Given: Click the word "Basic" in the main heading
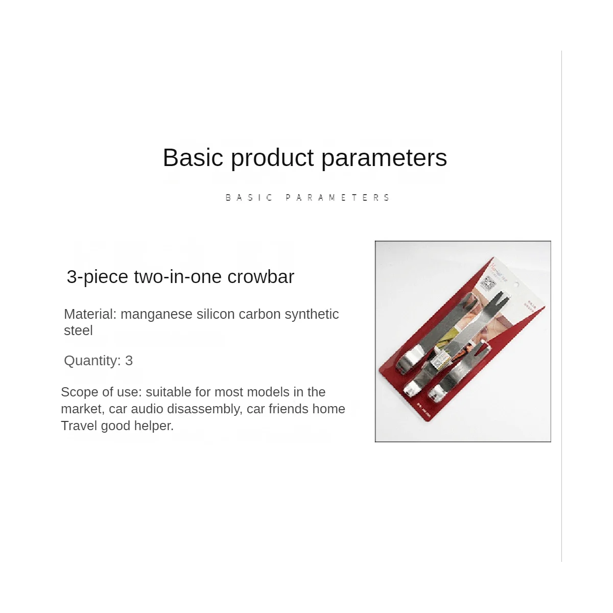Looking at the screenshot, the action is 193,157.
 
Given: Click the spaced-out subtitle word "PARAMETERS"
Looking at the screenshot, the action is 338,198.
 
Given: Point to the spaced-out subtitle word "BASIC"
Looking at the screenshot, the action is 249,198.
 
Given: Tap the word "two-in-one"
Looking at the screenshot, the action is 177,276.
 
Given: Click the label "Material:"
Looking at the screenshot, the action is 90,314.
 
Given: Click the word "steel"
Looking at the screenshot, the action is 78,331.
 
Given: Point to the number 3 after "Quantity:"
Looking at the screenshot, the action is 129,361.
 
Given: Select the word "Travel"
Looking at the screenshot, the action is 79,426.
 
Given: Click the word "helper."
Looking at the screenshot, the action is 154,427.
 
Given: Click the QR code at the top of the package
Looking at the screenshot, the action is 488,284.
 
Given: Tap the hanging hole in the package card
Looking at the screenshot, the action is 516,285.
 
